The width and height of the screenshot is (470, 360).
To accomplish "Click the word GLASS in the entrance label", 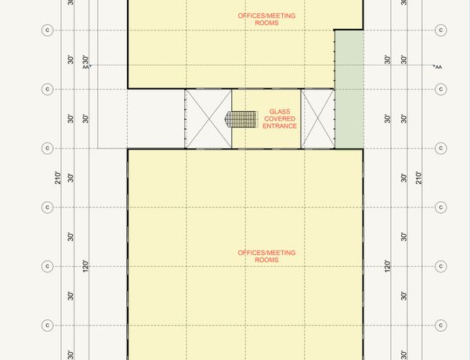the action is (x=280, y=112).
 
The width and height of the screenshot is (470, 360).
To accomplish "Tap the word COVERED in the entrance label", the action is (x=280, y=119).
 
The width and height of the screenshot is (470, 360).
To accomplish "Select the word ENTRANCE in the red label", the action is (x=280, y=126).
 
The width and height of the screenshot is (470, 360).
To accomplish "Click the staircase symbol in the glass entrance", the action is (x=241, y=120).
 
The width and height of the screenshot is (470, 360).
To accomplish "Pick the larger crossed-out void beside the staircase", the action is (x=208, y=119).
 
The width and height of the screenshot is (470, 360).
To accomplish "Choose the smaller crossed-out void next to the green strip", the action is (x=318, y=119).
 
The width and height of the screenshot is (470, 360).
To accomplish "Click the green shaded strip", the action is (x=349, y=89).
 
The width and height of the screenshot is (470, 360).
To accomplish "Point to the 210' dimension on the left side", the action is (x=58, y=178).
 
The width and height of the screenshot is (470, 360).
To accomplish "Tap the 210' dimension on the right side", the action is (x=419, y=178).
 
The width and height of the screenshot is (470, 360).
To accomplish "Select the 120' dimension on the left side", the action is (x=85, y=266).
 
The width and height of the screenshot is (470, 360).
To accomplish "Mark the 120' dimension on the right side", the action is (x=387, y=266).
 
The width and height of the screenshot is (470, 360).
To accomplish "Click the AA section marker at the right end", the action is (x=438, y=67).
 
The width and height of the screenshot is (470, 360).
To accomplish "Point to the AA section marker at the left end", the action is (x=87, y=67).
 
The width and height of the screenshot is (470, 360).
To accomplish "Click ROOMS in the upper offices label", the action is (x=266, y=23).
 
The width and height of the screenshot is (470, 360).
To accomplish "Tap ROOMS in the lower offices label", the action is (x=266, y=260).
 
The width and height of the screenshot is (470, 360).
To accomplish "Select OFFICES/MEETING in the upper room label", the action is (x=266, y=16).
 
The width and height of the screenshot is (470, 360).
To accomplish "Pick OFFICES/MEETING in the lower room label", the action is (x=266, y=253).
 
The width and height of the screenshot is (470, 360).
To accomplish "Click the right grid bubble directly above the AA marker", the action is (x=440, y=30).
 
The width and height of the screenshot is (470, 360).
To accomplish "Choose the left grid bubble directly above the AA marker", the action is (x=47, y=30).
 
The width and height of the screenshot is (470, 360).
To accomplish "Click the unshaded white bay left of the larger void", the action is (x=156, y=119).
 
